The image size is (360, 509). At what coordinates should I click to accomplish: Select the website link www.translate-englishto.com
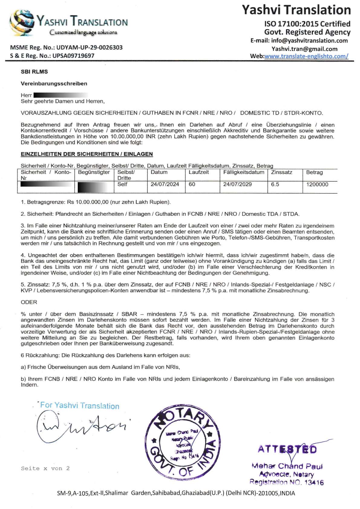[306, 56]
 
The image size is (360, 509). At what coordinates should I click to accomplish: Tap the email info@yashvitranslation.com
[309, 41]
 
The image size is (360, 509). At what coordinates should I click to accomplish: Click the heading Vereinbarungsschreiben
[54, 83]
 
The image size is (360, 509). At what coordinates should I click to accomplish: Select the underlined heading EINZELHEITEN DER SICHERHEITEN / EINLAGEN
[87, 154]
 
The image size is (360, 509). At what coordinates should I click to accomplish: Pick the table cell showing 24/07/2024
[165, 184]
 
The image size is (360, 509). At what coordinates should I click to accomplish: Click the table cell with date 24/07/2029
[237, 184]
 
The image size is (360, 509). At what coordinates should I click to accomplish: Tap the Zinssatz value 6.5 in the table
[275, 184]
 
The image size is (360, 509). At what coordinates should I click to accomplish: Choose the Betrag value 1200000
[317, 184]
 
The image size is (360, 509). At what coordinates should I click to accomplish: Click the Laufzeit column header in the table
[199, 172]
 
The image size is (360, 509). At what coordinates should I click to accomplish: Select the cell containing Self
[122, 184]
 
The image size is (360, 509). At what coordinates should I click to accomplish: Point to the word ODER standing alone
[29, 302]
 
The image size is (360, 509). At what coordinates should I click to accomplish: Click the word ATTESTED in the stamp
[287, 449]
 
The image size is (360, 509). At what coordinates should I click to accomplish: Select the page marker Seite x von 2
[45, 468]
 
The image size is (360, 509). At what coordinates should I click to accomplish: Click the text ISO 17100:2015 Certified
[307, 24]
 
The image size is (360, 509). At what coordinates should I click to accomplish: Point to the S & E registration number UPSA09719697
[73, 56]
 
